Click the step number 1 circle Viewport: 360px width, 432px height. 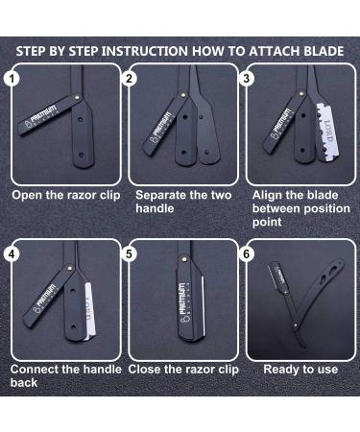11,79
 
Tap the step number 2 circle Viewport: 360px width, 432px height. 131,79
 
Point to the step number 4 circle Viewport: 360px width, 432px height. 11,253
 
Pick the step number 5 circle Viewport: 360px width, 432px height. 131,253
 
